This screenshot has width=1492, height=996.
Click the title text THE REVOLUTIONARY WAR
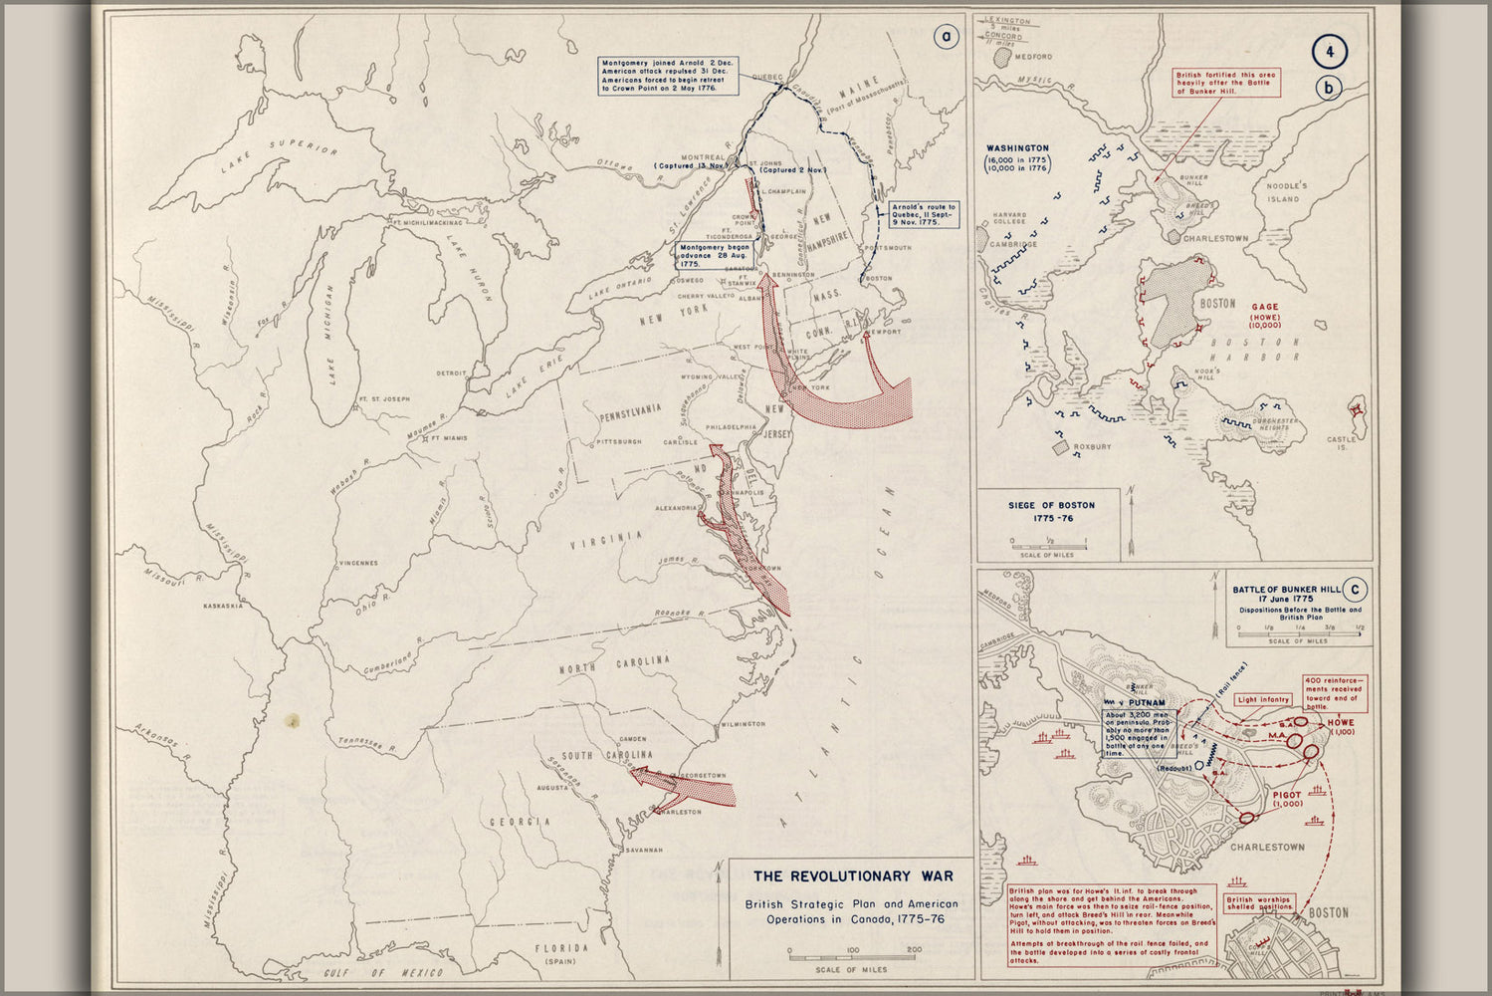(x=852, y=876)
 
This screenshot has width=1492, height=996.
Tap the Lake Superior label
(x=280, y=157)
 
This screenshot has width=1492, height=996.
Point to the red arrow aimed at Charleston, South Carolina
(x=687, y=787)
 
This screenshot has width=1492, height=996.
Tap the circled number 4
(x=1329, y=51)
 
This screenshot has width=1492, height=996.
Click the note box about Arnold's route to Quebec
(x=924, y=215)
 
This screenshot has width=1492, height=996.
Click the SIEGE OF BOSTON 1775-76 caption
(x=1051, y=511)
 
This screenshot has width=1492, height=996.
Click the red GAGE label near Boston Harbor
(x=1265, y=308)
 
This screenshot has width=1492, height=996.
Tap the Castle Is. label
(x=1343, y=443)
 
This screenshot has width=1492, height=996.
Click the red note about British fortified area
(x=1225, y=82)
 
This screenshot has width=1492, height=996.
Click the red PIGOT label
(x=1286, y=794)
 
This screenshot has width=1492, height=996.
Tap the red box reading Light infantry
(x=1263, y=699)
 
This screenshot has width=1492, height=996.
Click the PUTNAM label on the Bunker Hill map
(x=1146, y=703)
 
